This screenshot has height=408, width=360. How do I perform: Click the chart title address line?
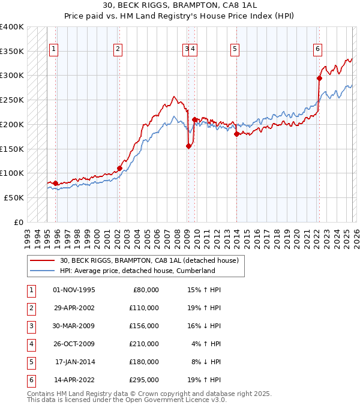[x=179, y=6]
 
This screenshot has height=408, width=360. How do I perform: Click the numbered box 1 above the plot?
[x=54, y=49]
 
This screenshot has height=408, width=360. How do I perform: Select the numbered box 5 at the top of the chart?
[x=234, y=49]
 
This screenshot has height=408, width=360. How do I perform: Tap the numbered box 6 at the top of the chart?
[x=317, y=49]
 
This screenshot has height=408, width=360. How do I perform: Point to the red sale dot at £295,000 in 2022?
[x=319, y=77]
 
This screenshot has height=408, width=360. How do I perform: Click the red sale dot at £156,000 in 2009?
[x=189, y=145]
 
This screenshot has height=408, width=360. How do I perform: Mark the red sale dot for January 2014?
[x=236, y=134]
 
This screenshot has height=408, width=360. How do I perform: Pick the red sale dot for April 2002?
[x=119, y=168]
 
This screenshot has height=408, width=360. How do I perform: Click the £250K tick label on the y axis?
[x=12, y=100]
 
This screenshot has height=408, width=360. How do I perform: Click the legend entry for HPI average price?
[x=137, y=271]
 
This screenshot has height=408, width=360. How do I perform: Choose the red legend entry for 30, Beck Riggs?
[x=149, y=260]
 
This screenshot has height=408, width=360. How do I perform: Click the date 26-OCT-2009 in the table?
[x=74, y=344]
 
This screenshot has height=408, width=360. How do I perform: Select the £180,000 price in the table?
[x=144, y=362]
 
